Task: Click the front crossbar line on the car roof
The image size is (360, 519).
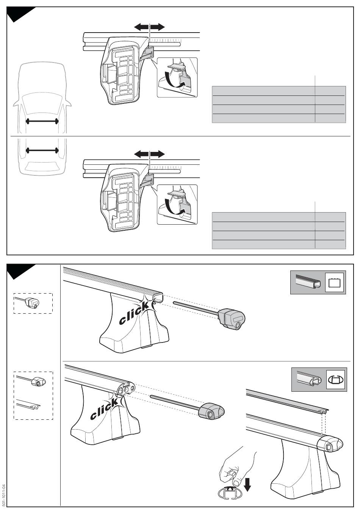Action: click(42, 121)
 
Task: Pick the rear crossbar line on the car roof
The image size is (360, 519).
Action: click(42, 150)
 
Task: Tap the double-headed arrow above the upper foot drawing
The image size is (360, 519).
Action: click(150, 27)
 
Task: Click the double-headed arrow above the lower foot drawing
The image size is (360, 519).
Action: click(150, 154)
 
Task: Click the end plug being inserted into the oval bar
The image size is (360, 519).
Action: click(211, 411)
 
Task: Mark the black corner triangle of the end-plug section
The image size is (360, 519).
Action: click(19, 270)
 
